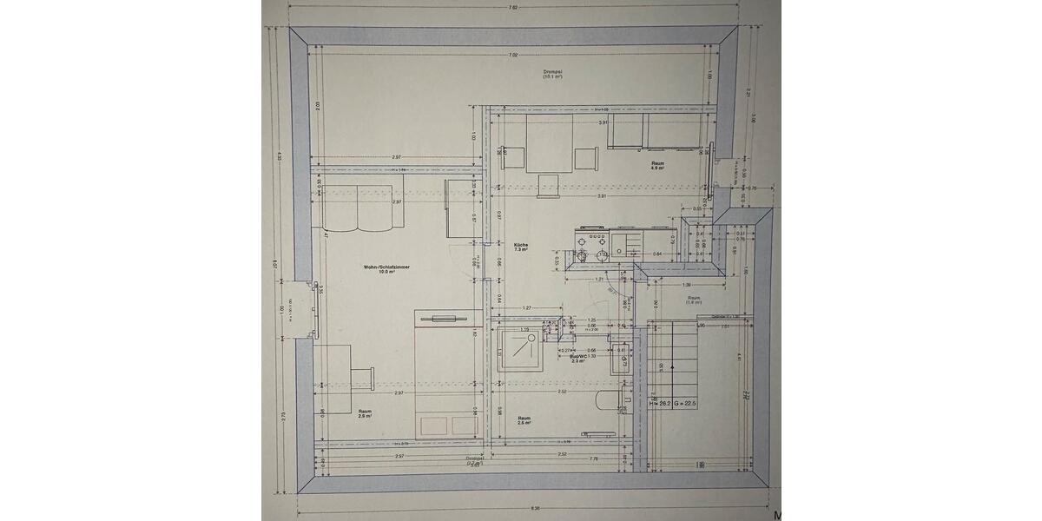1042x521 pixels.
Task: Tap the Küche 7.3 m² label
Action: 521,247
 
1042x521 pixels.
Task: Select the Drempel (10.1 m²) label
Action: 552,74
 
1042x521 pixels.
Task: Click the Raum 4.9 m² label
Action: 657,165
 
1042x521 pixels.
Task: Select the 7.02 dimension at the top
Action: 514,56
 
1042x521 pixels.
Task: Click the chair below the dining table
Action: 549,185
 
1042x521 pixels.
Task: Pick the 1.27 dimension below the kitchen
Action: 527,308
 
